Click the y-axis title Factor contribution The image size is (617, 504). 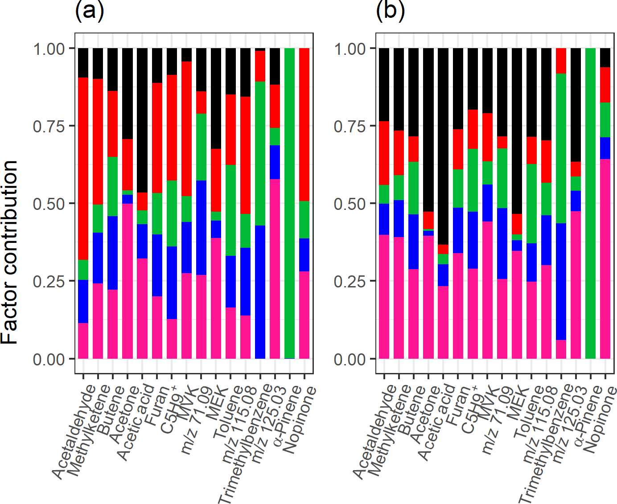[x=10, y=252]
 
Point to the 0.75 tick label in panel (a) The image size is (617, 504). [x=49, y=126]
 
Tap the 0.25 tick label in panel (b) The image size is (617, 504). [x=350, y=282]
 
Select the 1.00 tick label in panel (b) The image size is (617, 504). [x=350, y=48]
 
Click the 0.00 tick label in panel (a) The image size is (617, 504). [x=49, y=359]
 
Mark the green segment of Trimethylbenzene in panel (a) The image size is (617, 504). [x=260, y=153]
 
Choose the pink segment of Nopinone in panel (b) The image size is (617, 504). [x=605, y=258]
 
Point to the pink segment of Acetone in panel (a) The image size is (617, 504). [x=128, y=281]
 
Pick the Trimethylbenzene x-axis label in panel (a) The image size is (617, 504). [x=245, y=443]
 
